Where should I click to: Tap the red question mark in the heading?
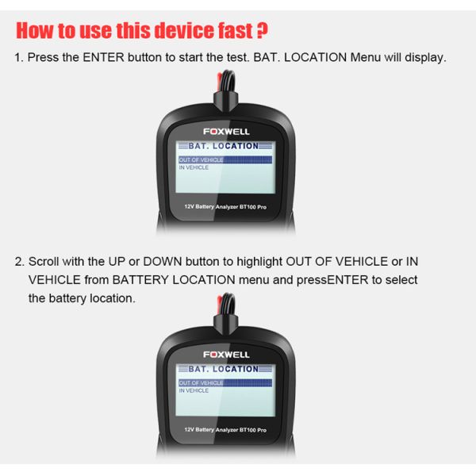262,31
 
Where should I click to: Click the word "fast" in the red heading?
234,31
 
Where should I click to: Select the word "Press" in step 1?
44,59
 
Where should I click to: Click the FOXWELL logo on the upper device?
226,130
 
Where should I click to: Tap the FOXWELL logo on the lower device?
226,354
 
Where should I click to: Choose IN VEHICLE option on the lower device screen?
194,391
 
